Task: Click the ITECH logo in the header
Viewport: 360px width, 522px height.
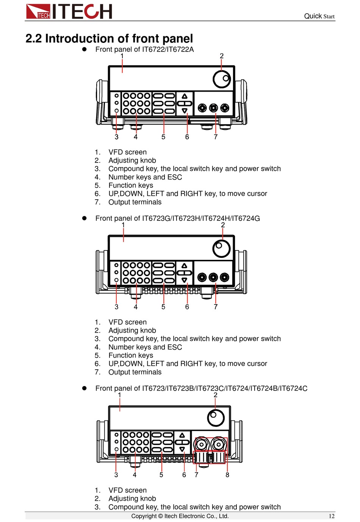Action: (x=69, y=11)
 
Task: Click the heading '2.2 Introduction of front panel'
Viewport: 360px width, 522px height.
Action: (x=109, y=38)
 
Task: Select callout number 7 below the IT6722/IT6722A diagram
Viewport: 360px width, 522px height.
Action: (x=216, y=137)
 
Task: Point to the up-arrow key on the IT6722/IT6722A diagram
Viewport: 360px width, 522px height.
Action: (x=185, y=96)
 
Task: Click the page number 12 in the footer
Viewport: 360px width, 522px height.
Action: (x=332, y=516)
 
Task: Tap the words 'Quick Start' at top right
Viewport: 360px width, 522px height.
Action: (x=319, y=16)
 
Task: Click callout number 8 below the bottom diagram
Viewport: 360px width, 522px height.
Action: (x=227, y=475)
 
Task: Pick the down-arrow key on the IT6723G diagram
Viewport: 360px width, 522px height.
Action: (x=185, y=280)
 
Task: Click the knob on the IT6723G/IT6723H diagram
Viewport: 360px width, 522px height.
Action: (x=222, y=248)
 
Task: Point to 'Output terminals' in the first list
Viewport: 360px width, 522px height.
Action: (x=135, y=202)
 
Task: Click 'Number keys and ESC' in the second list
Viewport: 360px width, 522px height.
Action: (x=145, y=347)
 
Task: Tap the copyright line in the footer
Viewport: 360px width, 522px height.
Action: (x=180, y=516)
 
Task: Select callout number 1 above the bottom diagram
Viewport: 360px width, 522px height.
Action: (x=120, y=395)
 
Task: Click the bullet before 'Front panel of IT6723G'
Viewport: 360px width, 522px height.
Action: (x=85, y=218)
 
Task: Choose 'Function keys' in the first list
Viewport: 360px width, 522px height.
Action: (x=131, y=185)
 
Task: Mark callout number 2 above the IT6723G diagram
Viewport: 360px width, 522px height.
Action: (x=223, y=225)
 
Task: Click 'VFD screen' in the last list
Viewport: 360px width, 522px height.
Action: (x=127, y=490)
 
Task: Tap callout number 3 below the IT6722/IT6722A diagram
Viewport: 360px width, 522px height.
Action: (x=116, y=137)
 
